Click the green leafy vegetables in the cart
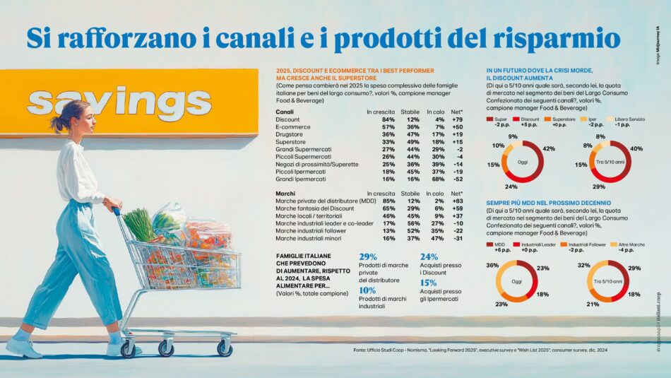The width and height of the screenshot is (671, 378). coord(140,225)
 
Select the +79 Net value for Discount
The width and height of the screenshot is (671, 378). coord(456,119)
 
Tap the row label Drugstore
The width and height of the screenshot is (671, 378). coord(290,134)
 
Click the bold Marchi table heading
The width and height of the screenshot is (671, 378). coord(285,193)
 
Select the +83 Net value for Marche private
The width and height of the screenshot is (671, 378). coord(456,201)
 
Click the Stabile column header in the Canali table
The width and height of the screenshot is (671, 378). coord(410,112)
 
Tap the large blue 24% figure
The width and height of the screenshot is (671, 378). coord(429,257)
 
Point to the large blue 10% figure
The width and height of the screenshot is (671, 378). coord(367,290)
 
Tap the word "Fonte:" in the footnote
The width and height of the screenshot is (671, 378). coord(362,350)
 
